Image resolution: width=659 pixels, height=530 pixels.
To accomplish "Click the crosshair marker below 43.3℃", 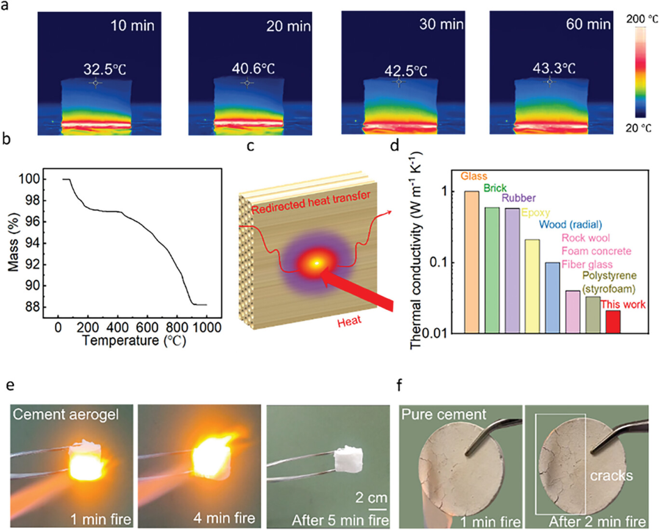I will [x=550, y=82].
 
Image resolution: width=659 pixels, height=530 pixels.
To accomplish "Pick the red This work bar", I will [x=612, y=321].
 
